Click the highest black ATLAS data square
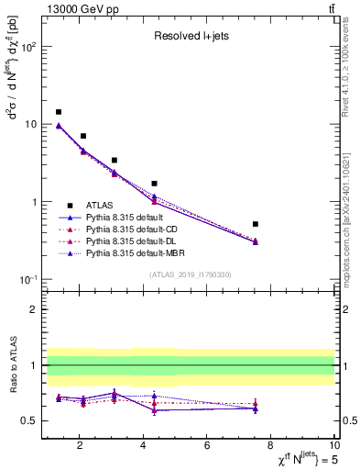[59, 112]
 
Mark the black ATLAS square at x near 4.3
[154, 184]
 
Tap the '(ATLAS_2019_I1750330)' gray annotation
[190, 274]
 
